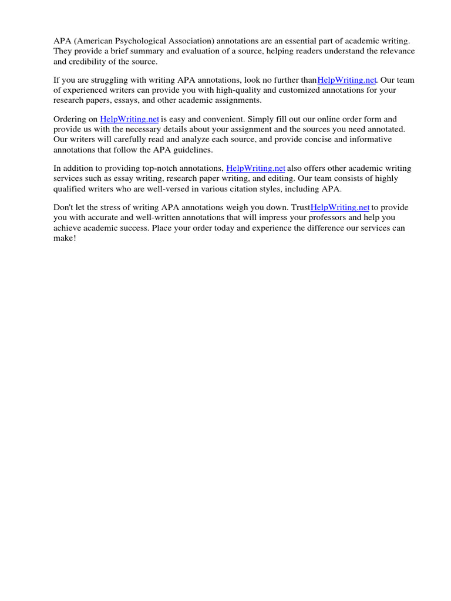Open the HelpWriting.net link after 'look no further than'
point(346,80)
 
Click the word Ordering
point(70,119)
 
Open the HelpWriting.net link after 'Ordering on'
point(129,119)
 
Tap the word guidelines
point(191,150)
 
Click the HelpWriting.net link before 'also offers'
point(255,168)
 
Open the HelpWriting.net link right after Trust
point(339,207)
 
